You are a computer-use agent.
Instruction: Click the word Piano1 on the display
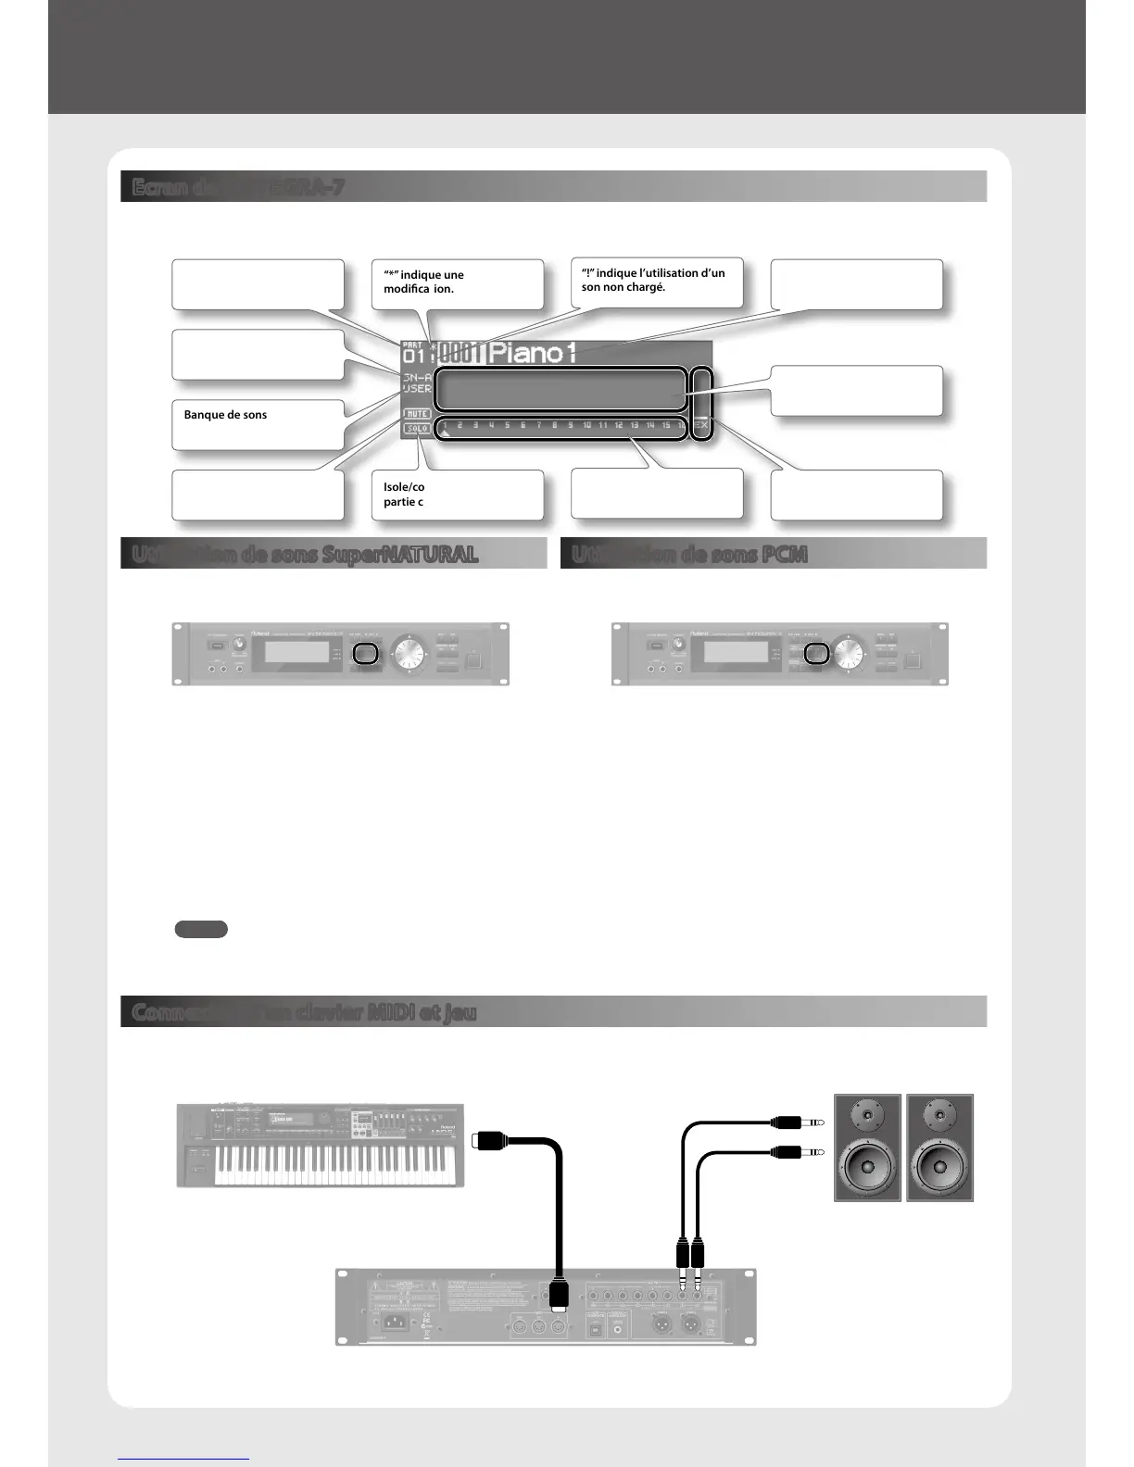tap(533, 353)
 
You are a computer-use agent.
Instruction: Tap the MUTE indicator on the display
tap(417, 413)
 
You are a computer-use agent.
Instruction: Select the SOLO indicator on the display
tap(417, 428)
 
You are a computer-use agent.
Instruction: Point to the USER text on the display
tap(417, 389)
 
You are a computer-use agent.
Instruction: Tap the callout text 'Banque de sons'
tap(225, 415)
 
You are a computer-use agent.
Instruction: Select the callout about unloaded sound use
tap(652, 280)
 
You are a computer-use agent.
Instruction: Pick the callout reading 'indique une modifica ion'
tap(423, 282)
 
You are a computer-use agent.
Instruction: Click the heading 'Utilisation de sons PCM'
tap(689, 554)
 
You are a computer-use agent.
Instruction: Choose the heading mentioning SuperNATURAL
tap(305, 554)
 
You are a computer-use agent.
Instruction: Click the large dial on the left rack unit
tap(408, 653)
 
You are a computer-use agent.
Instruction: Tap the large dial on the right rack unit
tap(847, 653)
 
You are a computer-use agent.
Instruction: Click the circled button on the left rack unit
tap(366, 654)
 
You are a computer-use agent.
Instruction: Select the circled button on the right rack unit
tap(815, 653)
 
